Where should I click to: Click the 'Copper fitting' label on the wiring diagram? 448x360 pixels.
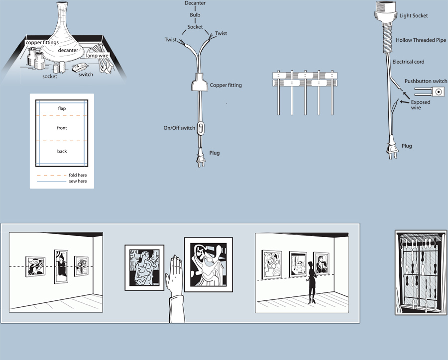[225, 86]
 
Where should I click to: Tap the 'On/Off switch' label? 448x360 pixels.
[179, 128]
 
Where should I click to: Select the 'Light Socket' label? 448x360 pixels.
[413, 16]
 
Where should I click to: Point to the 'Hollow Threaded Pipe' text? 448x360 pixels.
[421, 40]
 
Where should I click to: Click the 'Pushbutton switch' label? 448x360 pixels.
[426, 81]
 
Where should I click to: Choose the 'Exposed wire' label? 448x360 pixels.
[420, 105]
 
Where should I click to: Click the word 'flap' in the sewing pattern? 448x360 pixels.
[62, 108]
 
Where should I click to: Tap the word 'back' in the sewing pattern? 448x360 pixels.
[62, 151]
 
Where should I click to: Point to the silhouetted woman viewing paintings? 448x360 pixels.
[312, 281]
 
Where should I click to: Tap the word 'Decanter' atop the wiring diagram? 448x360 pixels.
[195, 3]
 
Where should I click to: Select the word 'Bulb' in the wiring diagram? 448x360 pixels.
[195, 15]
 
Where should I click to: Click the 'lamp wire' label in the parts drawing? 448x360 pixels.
[97, 56]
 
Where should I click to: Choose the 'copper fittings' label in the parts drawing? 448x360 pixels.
[43, 43]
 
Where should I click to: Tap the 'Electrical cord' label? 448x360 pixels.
[408, 62]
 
